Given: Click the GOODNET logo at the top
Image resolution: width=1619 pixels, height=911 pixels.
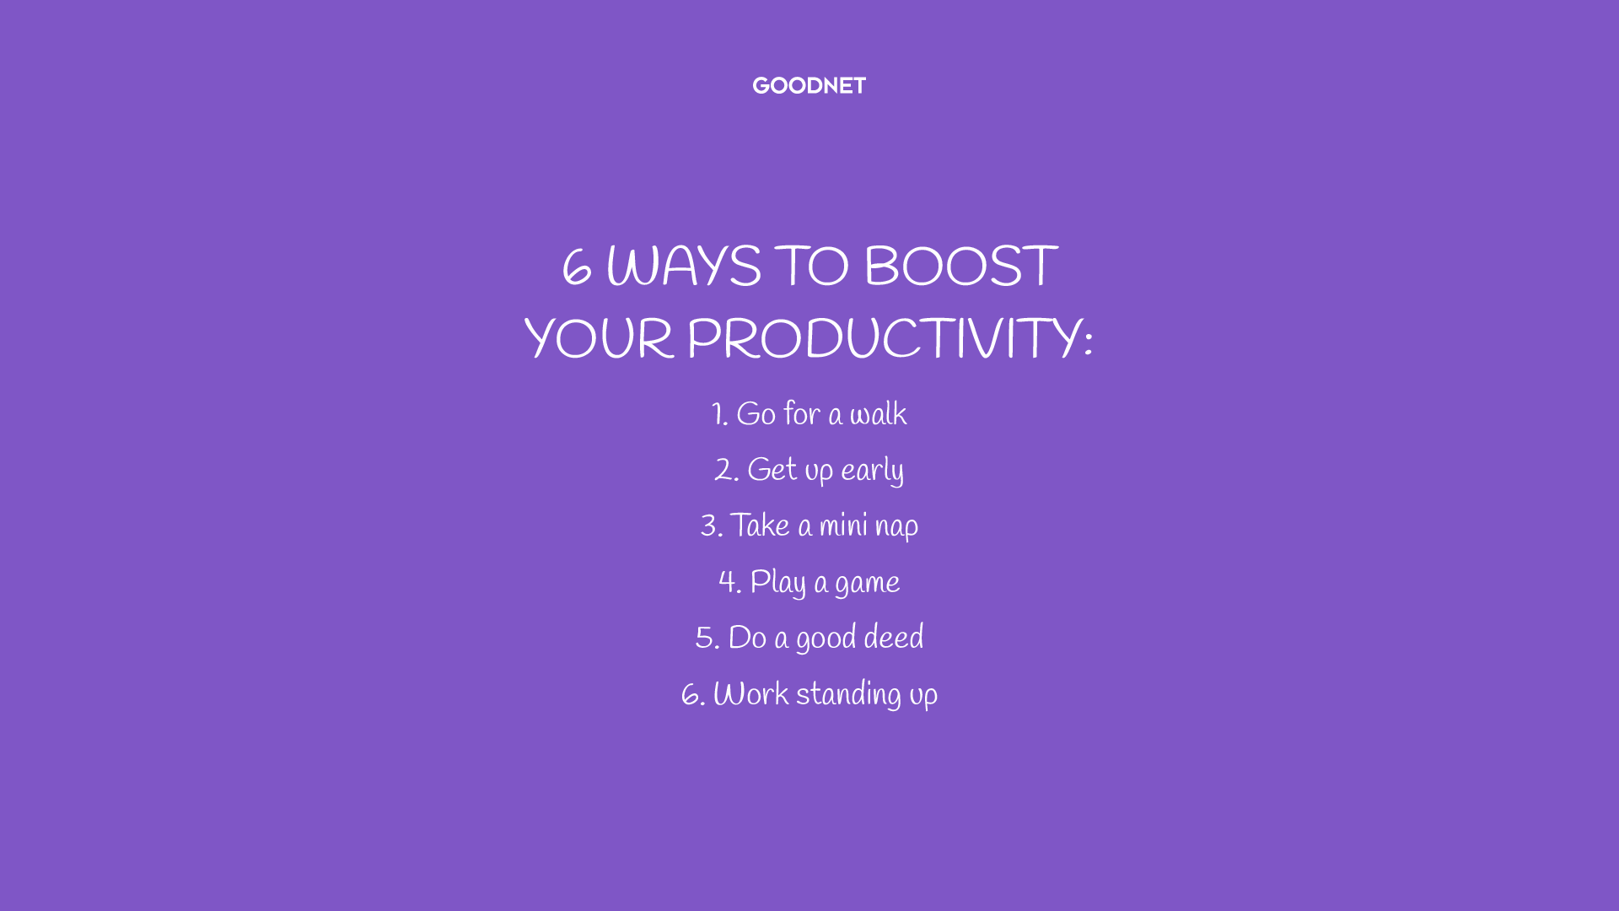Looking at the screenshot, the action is point(809,86).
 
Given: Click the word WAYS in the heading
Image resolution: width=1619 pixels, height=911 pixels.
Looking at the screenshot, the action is point(684,267).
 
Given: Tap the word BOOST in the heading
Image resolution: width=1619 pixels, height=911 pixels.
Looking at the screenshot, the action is point(961,267).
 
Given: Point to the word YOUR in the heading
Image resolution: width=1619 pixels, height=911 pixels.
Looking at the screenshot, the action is point(600,338).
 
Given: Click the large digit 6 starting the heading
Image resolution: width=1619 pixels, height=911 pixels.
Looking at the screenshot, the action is point(577,268).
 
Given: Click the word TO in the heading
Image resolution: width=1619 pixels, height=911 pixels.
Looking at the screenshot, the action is point(812,267).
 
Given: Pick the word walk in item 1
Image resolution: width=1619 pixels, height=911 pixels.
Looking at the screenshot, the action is point(879,414).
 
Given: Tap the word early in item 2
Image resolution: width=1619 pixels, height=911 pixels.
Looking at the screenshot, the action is point(873,471).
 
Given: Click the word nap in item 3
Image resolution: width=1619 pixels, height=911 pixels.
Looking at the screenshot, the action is point(897,527).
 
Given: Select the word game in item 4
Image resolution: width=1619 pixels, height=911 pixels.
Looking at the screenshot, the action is point(868,584).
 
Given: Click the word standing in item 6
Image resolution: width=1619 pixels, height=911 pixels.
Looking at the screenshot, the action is point(849,695).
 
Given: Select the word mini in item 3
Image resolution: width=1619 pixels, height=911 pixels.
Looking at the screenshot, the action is point(844,526).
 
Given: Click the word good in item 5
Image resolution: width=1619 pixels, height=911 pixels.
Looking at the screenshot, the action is point(826,639).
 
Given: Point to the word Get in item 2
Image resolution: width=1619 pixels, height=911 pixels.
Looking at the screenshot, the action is point(772,470).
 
